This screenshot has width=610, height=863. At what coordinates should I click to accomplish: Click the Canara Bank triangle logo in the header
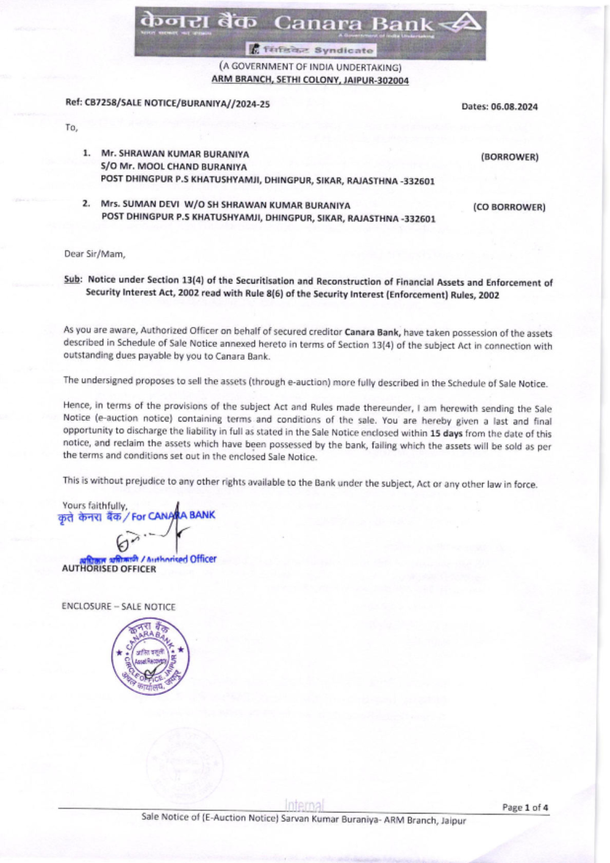(462, 24)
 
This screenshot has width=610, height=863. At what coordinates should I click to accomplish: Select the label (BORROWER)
(509, 157)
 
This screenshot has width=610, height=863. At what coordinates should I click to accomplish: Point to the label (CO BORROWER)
(509, 207)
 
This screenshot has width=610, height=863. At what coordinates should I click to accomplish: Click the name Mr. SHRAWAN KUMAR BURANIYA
(175, 154)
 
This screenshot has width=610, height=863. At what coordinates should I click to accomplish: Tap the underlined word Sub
(72, 279)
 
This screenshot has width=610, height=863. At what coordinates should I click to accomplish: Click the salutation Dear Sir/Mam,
(95, 254)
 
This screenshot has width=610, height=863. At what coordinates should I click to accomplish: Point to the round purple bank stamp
(149, 656)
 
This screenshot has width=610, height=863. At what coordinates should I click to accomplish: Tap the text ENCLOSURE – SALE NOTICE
(118, 606)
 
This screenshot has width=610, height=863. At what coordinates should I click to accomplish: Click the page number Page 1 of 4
(525, 807)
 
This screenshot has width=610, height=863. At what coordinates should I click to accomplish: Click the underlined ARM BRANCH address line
(310, 80)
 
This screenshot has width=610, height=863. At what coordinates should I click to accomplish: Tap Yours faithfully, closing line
(95, 505)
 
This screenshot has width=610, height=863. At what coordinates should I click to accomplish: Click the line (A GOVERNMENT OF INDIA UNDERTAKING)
(310, 67)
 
